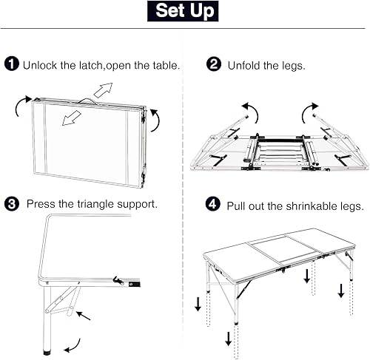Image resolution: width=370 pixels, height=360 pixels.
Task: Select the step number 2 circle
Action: click(x=215, y=64)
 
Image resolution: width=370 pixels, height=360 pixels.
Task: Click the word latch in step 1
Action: click(x=93, y=65)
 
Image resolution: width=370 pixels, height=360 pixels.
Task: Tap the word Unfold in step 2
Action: click(x=246, y=65)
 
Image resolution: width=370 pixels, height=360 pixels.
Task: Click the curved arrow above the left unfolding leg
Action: click(x=252, y=113)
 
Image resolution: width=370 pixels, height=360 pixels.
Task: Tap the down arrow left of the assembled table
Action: click(x=197, y=304)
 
